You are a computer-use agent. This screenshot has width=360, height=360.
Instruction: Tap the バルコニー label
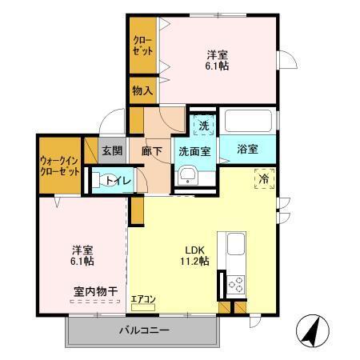coord(145,330)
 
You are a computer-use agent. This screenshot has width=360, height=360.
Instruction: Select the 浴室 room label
coord(247,149)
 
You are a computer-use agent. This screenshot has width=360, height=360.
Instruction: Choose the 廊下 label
coord(152,150)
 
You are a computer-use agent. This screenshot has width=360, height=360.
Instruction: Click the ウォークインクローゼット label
coord(58,166)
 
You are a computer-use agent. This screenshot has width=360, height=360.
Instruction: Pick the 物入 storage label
coord(142,90)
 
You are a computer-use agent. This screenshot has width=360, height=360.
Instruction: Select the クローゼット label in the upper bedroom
coord(142,46)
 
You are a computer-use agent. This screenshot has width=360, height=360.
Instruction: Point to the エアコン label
coord(144,300)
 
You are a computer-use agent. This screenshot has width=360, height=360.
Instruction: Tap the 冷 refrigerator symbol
coord(263,178)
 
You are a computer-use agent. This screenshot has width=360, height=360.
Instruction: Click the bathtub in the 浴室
coord(249,122)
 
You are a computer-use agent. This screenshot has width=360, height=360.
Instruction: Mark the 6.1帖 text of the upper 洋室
coord(216,67)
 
